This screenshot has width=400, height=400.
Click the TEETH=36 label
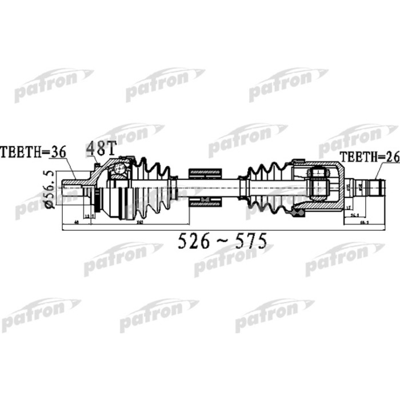(33, 152)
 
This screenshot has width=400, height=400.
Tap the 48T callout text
(101, 149)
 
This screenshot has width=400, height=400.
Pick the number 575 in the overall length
(249, 242)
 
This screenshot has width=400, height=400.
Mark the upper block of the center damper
(205, 172)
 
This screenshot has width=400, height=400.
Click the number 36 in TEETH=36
(58, 152)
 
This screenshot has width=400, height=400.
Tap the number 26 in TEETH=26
(391, 158)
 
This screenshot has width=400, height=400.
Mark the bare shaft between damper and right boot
(234, 186)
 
